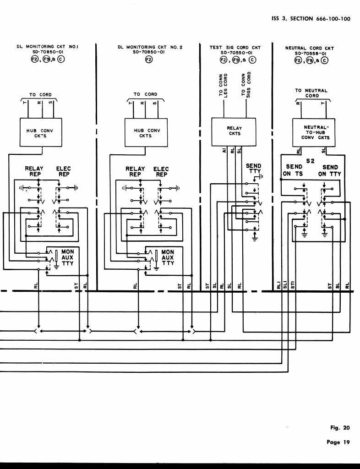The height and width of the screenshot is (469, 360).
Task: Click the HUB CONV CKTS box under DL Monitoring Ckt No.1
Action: tap(40, 133)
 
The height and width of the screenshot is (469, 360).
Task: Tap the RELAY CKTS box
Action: tap(234, 131)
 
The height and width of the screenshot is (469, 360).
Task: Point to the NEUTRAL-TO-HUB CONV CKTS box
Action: tap(316, 132)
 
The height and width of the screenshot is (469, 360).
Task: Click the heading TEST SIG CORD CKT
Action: tap(235, 48)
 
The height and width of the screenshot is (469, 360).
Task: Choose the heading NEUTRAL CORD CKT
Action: tap(309, 48)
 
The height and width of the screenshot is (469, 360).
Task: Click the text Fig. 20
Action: tap(340, 428)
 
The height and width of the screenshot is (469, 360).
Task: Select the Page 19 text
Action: tap(339, 442)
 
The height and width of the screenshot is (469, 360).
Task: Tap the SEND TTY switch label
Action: tap(253, 169)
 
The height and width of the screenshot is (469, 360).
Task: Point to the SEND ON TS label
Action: tap(293, 170)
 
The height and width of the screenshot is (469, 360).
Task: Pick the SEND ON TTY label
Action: tap(330, 170)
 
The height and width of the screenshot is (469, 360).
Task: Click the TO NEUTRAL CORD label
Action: tap(311, 93)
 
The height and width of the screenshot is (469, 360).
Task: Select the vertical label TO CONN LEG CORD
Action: tap(223, 84)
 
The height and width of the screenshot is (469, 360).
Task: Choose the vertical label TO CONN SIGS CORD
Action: tap(246, 84)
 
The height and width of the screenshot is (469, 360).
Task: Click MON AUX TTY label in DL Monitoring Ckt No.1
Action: tap(67, 257)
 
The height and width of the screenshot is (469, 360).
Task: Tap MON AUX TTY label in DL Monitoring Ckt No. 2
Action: tap(168, 257)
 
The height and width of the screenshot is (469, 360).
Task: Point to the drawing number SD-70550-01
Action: tap(235, 53)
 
